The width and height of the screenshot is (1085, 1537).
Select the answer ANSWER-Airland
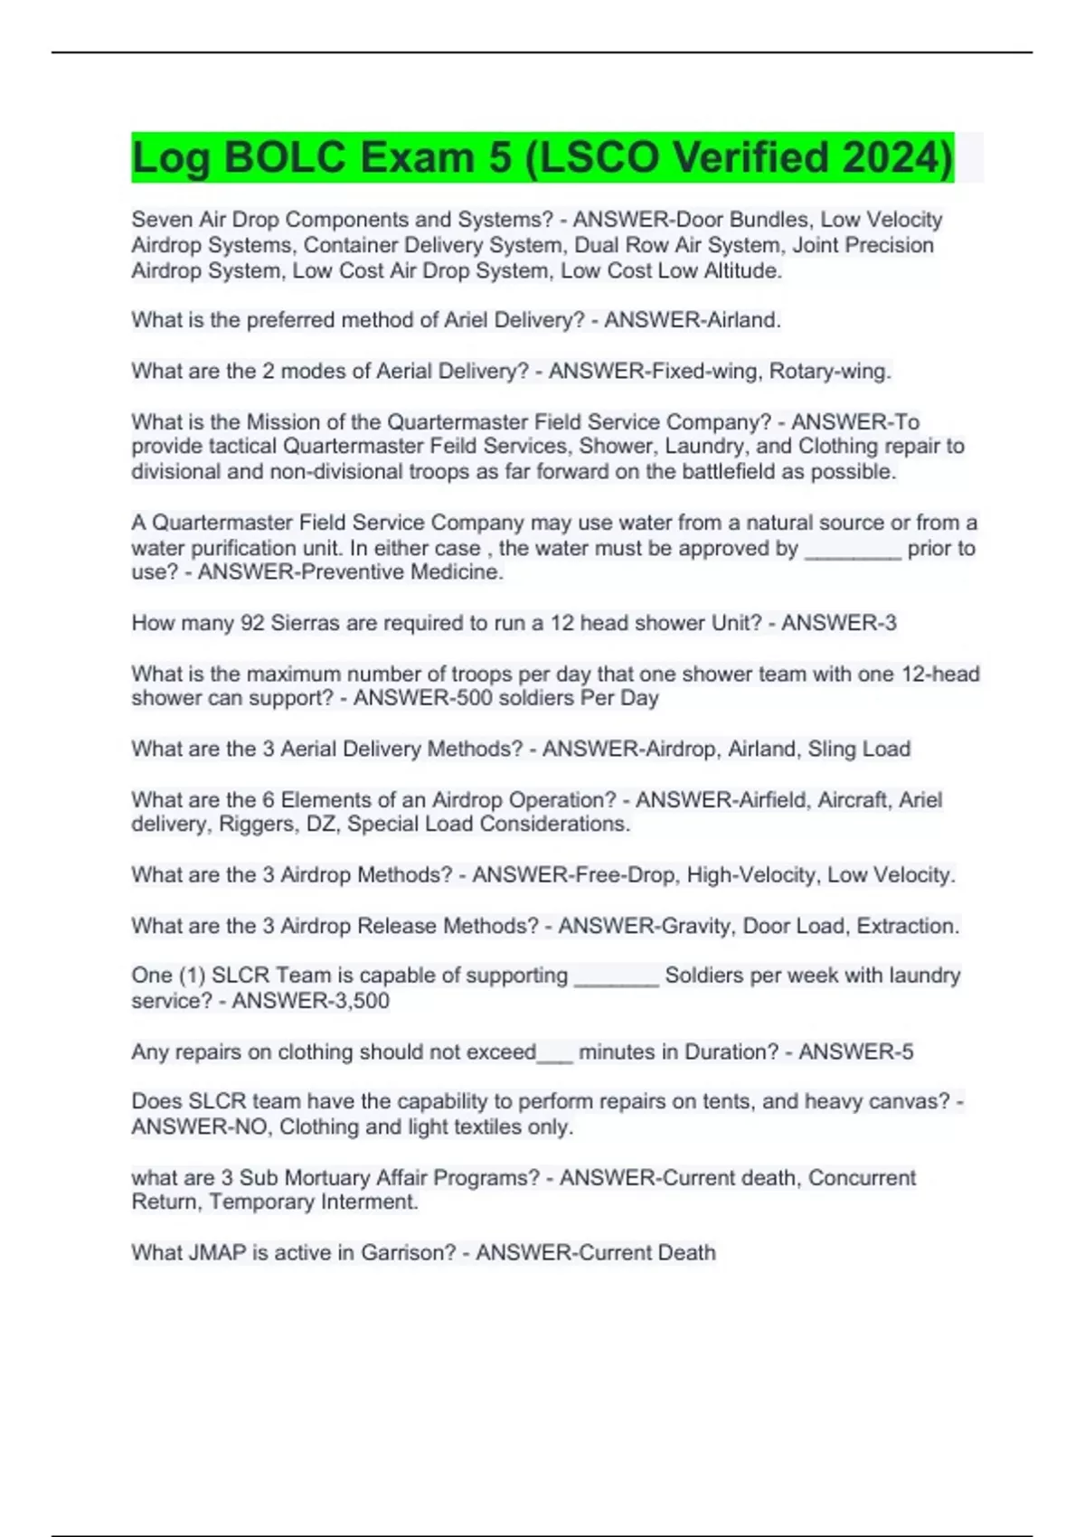(692, 320)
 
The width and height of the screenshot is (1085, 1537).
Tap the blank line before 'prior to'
(852, 549)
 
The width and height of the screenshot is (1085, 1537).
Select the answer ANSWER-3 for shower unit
(838, 623)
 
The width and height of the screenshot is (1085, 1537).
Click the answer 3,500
(356, 1001)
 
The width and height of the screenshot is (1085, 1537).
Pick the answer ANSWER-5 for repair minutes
(855, 1051)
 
